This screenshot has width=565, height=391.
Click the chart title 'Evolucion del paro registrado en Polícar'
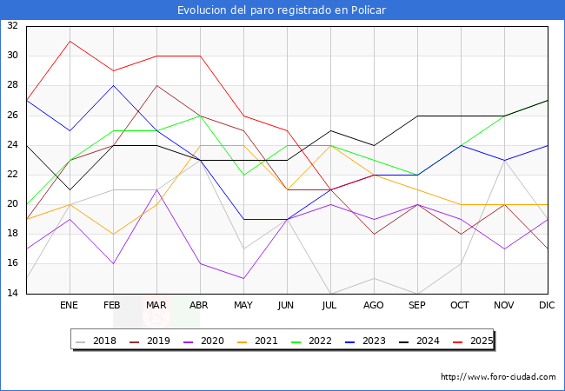(x=282, y=10)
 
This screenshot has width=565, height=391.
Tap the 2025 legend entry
(x=475, y=341)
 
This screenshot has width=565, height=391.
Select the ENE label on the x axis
(x=70, y=306)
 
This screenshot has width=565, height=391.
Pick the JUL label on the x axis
(x=330, y=306)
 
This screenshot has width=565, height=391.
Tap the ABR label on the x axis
(x=200, y=306)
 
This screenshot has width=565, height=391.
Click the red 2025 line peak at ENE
(x=70, y=41)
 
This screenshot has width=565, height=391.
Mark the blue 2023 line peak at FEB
(x=113, y=85)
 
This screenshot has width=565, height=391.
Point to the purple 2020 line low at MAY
(x=243, y=279)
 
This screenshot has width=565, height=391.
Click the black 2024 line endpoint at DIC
(x=548, y=100)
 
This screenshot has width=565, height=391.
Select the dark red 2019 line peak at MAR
(x=156, y=85)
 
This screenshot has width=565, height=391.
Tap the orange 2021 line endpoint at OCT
(x=461, y=204)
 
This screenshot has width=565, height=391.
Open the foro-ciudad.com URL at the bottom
(x=498, y=377)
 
